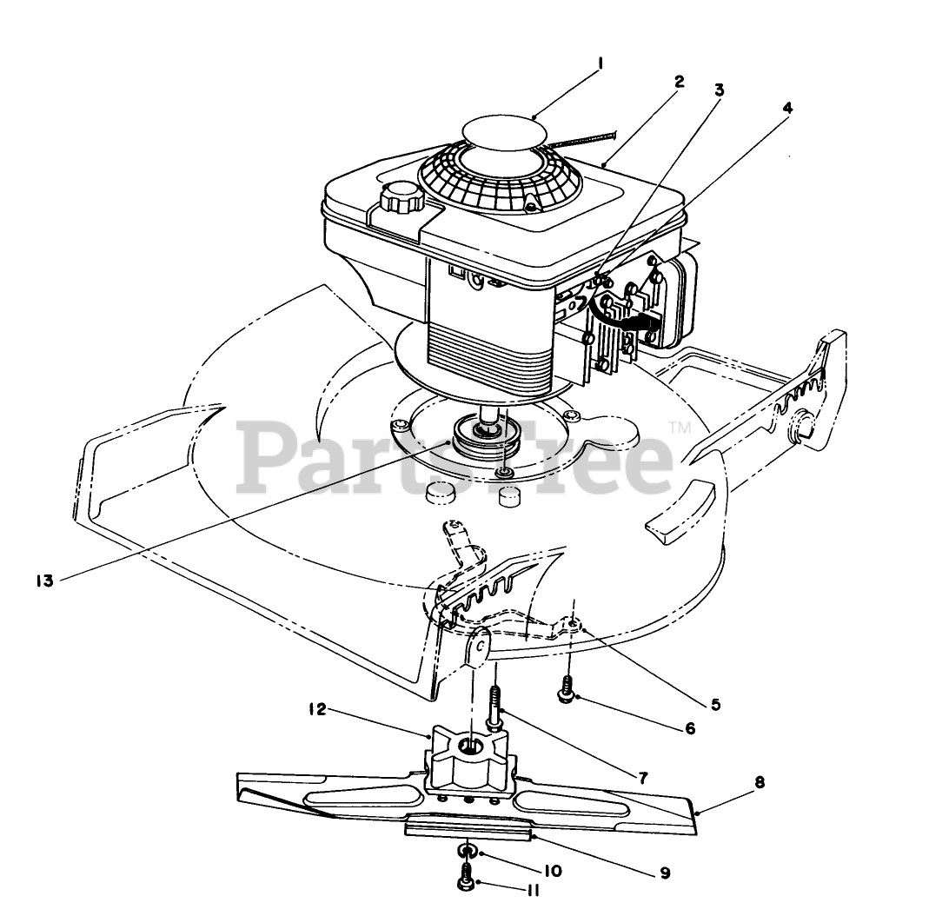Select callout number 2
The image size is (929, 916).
[679, 82]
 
